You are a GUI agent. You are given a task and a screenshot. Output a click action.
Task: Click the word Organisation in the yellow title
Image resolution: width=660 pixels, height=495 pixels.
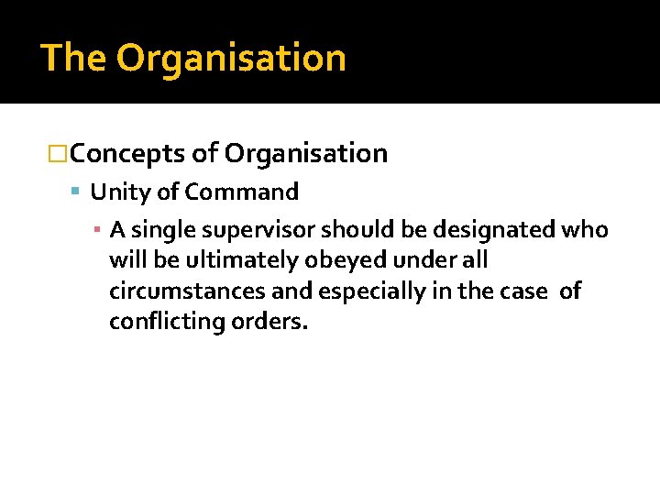pos(231,59)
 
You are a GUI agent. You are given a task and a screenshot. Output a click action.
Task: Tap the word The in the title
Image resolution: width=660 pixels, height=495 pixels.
pos(74,58)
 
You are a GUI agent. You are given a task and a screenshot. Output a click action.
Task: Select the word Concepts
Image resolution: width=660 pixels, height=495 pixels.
pos(127,154)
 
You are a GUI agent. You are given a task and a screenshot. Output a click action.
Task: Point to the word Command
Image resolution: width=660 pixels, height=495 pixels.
pos(242,192)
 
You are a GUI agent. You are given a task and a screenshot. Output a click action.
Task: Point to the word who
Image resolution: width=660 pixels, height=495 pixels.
pos(585,229)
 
